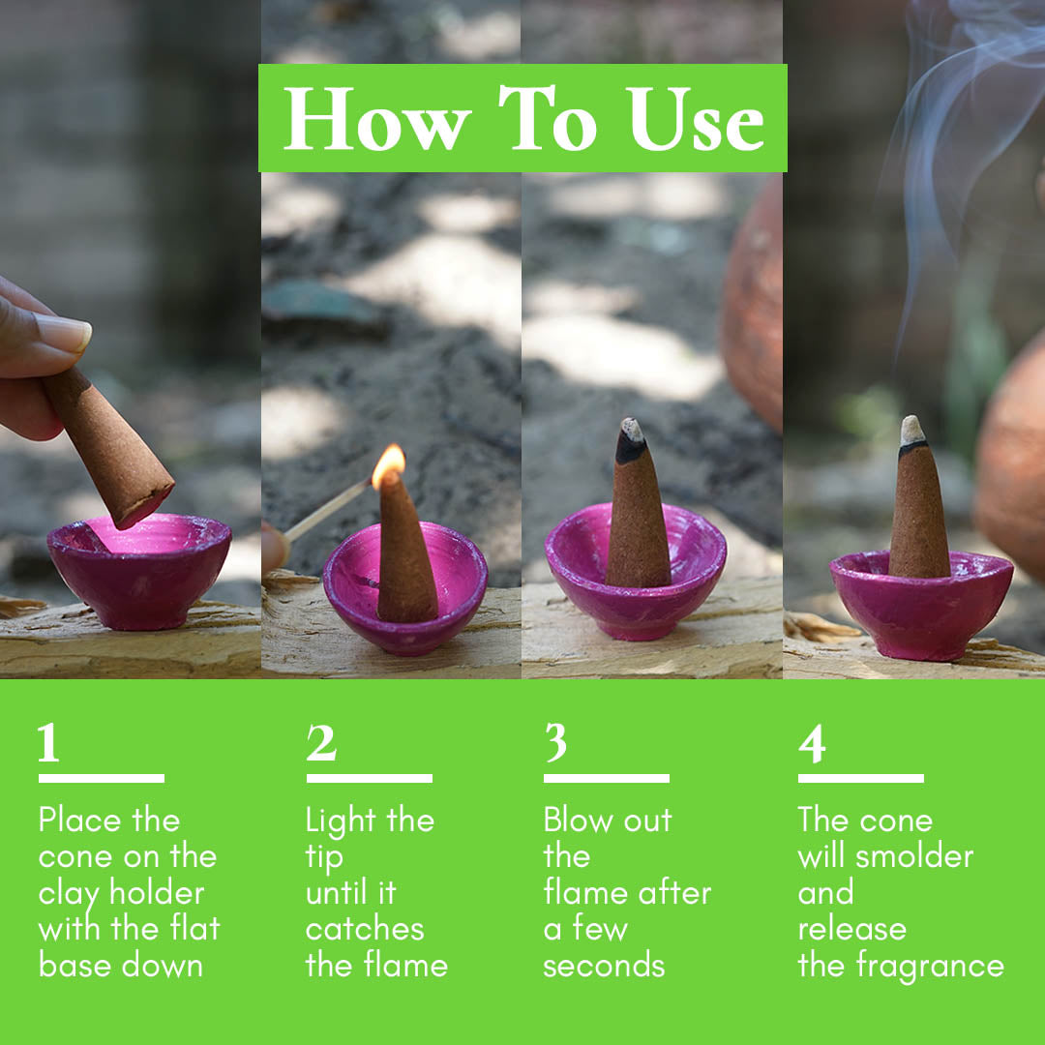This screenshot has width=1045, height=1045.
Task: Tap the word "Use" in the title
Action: click(x=696, y=120)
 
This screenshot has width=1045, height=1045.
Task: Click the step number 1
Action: click(x=48, y=744)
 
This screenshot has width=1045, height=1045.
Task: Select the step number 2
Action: click(x=321, y=744)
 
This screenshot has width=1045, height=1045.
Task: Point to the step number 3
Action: click(x=555, y=744)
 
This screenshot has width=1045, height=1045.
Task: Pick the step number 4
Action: click(x=812, y=744)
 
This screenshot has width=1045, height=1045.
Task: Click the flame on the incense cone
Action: click(x=388, y=464)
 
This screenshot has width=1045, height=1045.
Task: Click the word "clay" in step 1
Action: click(x=70, y=893)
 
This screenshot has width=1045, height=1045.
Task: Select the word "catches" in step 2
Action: click(x=365, y=930)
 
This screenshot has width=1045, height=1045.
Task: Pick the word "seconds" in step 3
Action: click(x=604, y=966)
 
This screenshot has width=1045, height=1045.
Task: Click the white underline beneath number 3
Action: click(x=606, y=778)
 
